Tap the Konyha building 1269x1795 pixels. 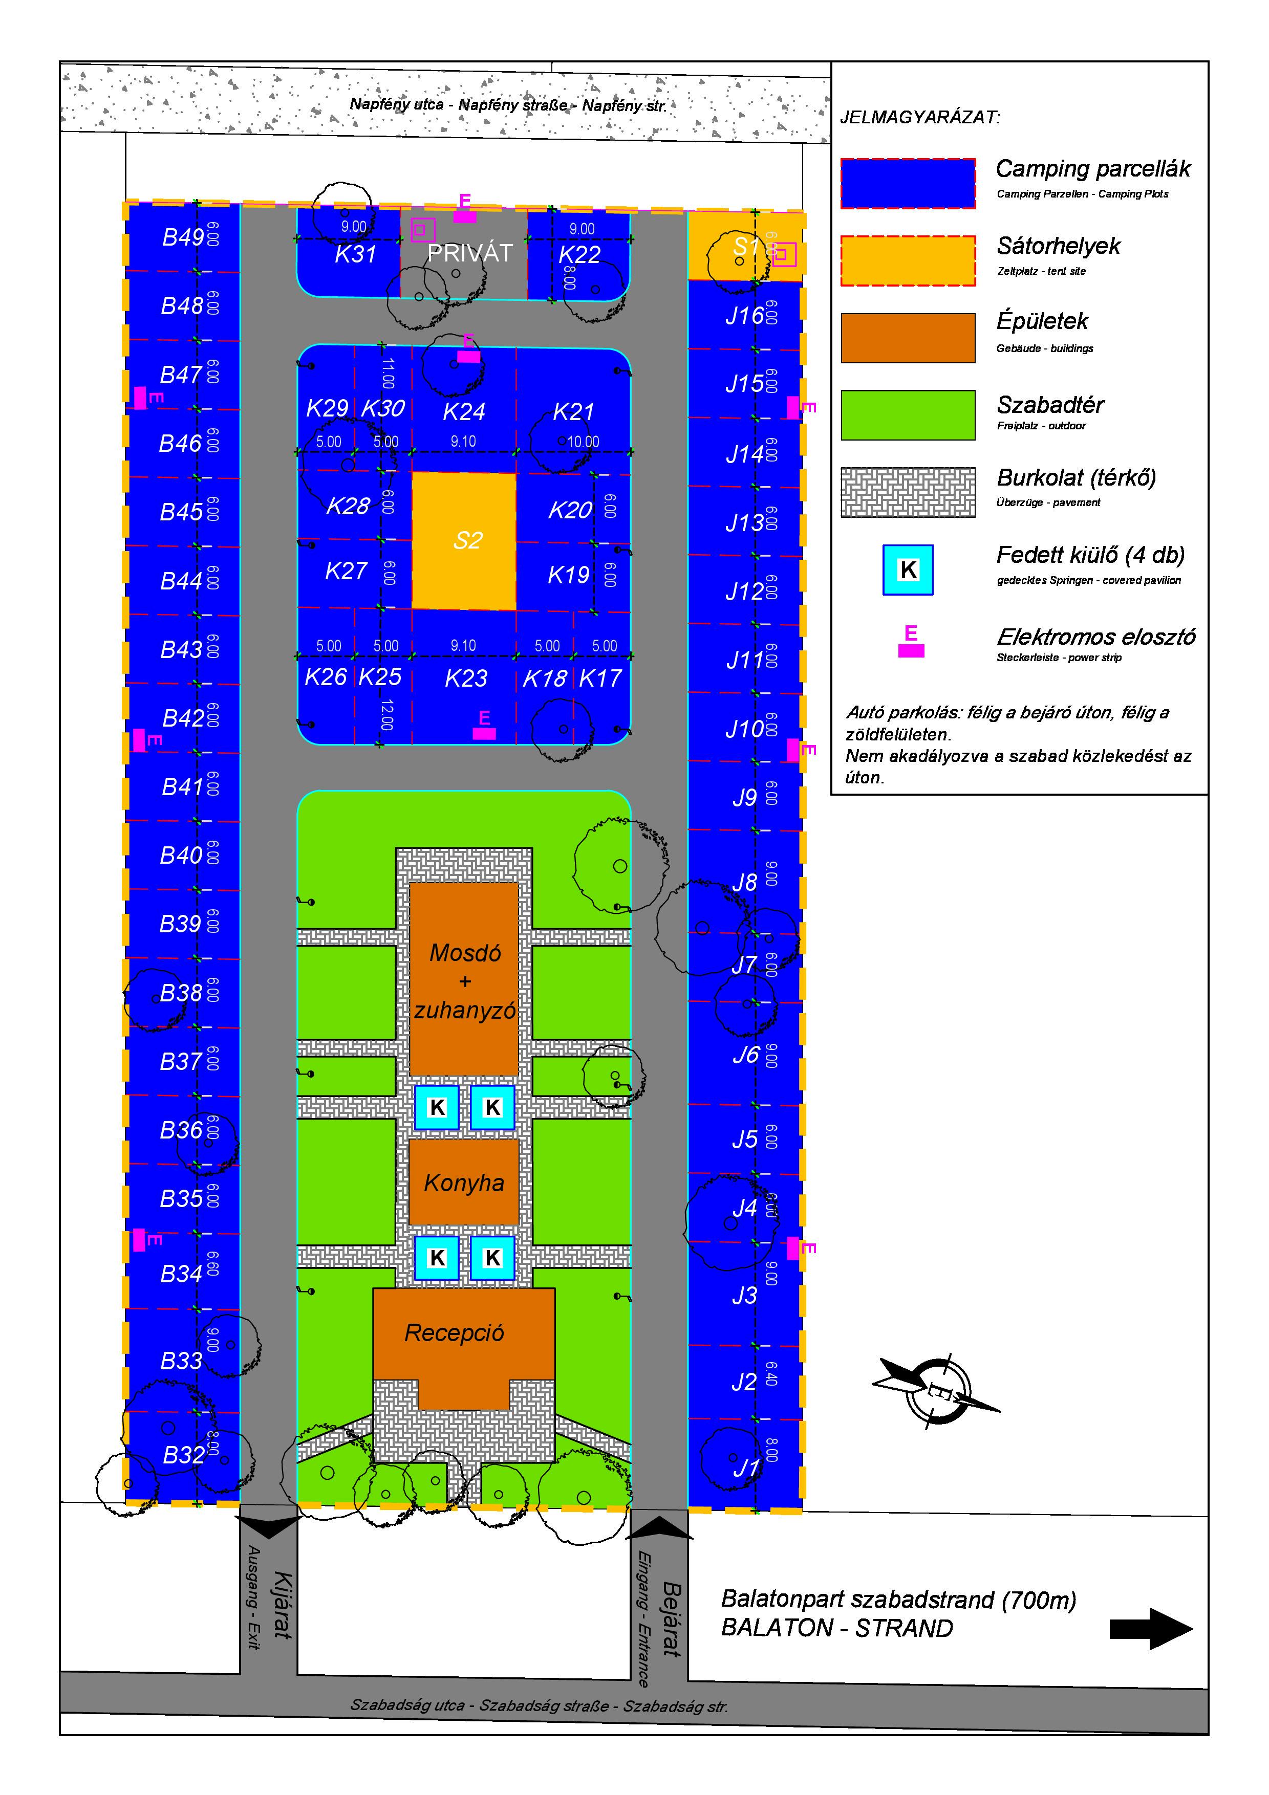coord(464,1182)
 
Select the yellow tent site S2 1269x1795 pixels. coord(464,540)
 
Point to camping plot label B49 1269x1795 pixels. coord(183,237)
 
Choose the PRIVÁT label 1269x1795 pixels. coord(469,253)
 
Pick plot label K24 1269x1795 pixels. coord(464,411)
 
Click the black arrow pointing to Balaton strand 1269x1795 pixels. coord(1150,1629)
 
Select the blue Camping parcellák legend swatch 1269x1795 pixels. coord(908,184)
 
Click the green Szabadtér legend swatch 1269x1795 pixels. coord(908,415)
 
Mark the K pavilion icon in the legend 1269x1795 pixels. coord(908,570)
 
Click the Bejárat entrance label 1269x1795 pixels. coord(672,1617)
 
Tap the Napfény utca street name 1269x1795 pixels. coord(508,105)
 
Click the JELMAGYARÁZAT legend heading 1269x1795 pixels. coord(920,118)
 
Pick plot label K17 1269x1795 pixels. coord(600,678)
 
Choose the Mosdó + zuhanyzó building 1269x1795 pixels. coord(464,980)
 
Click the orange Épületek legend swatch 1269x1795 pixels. coord(908,338)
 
